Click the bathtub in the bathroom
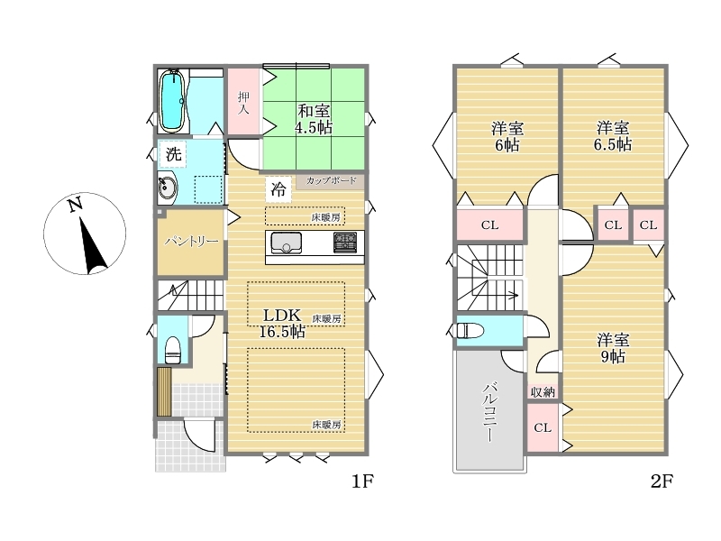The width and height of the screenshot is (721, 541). coord(172,100)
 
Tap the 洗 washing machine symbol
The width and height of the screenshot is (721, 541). coord(173,153)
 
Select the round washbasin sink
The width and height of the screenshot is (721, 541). coord(166,188)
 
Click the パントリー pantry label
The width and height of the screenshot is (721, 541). coord(191,241)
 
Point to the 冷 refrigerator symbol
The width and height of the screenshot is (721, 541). coord(278,189)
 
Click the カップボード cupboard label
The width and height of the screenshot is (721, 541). coord(331,180)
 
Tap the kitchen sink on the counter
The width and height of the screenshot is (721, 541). coord(286,243)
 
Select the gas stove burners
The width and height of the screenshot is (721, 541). coord(345,243)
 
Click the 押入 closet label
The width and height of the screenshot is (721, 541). coord(243,103)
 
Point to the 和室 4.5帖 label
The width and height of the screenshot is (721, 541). coord(314,119)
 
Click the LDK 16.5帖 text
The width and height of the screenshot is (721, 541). coord(282,323)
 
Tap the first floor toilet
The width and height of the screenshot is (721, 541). coord(173,349)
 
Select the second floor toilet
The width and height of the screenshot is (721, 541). coord(468,331)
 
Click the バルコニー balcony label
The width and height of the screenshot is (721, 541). coord(488,412)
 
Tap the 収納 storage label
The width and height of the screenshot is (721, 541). coord(543,392)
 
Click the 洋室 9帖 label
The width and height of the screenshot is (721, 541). coord(613,348)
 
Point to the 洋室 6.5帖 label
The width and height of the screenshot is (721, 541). coord(613,136)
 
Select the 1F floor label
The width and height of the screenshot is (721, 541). coord(363,481)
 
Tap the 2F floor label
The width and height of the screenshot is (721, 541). coord(662,481)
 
